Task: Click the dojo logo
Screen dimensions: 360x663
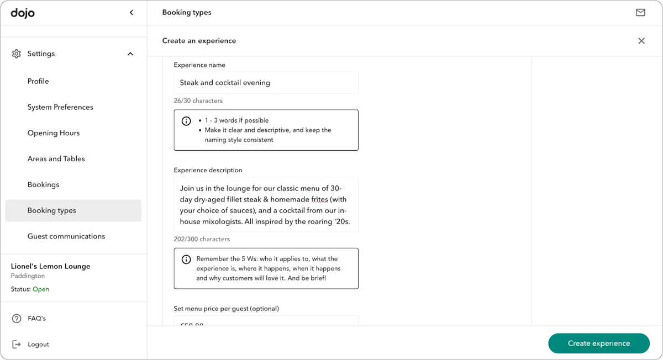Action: [23, 13]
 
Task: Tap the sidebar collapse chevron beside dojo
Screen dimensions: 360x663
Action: [131, 13]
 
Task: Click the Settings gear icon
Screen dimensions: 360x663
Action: [17, 54]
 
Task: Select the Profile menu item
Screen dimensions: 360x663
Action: [38, 81]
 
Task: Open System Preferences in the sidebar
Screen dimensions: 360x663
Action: [60, 107]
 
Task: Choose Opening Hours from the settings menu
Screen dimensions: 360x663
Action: [54, 133]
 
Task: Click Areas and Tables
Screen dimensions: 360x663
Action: [56, 159]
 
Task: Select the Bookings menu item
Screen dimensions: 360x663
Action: [43, 184]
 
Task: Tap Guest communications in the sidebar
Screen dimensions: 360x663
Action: [66, 236]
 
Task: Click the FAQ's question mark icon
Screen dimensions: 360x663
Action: [17, 319]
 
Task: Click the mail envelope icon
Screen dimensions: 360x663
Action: [640, 13]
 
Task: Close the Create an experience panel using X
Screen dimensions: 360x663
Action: [641, 41]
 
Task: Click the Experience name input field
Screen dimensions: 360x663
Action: [266, 83]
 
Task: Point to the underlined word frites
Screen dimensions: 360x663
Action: [319, 199]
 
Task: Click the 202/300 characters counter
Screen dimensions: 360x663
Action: [202, 239]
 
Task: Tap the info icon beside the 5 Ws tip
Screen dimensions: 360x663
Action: [186, 259]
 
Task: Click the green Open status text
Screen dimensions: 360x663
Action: [41, 289]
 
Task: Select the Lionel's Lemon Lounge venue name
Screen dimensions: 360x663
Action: [50, 266]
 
